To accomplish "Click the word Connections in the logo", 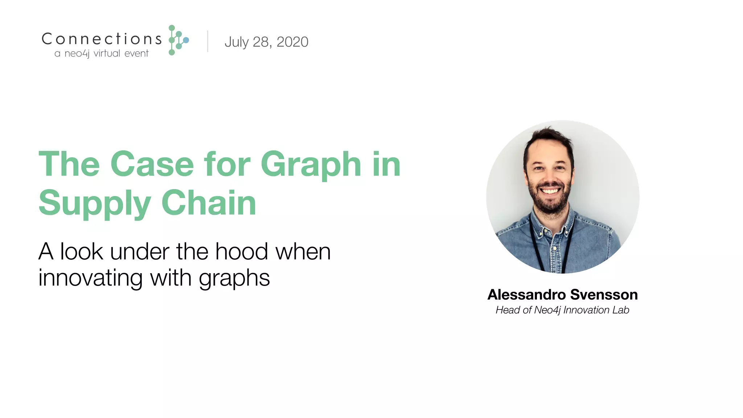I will (x=102, y=39).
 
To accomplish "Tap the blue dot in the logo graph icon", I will (x=186, y=40).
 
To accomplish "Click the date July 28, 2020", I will (x=266, y=42).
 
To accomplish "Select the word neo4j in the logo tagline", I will (x=77, y=54).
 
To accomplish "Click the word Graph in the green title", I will (x=311, y=165).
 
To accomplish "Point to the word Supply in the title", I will (x=94, y=203).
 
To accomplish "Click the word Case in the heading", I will (x=152, y=165).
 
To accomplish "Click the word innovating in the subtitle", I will (x=90, y=278).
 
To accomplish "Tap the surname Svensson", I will (x=604, y=295).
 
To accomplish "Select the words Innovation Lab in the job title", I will (x=596, y=310).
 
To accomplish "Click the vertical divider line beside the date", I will (x=208, y=41).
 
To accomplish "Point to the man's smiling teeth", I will (x=550, y=191).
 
